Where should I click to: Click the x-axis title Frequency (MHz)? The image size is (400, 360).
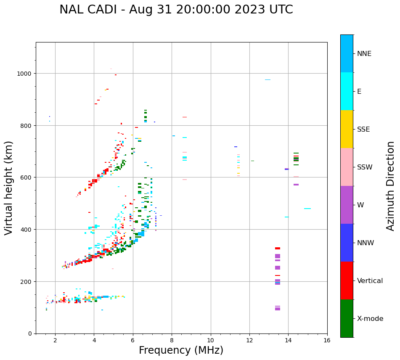click(181, 350)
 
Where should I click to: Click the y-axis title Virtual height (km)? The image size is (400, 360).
click(9, 188)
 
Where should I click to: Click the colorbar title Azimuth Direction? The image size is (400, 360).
click(391, 186)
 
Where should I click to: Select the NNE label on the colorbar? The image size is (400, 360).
click(364, 53)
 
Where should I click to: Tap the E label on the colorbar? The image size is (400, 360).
click(359, 91)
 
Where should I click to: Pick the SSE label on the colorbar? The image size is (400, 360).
click(363, 129)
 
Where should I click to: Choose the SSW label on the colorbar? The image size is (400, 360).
click(365, 167)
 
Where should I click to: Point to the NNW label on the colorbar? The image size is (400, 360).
click(366, 243)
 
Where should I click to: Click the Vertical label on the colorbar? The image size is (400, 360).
click(370, 281)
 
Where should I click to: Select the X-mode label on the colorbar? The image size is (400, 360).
click(370, 318)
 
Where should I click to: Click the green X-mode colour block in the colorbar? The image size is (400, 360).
click(347, 318)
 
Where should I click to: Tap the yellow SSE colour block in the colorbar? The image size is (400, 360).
click(347, 129)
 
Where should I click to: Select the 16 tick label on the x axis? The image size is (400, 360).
click(327, 341)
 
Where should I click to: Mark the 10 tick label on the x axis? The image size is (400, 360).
click(210, 341)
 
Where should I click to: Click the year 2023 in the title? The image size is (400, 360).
click(246, 10)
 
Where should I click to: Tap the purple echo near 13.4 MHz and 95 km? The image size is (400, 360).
click(278, 309)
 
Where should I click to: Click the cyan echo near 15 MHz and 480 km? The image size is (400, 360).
click(307, 209)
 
